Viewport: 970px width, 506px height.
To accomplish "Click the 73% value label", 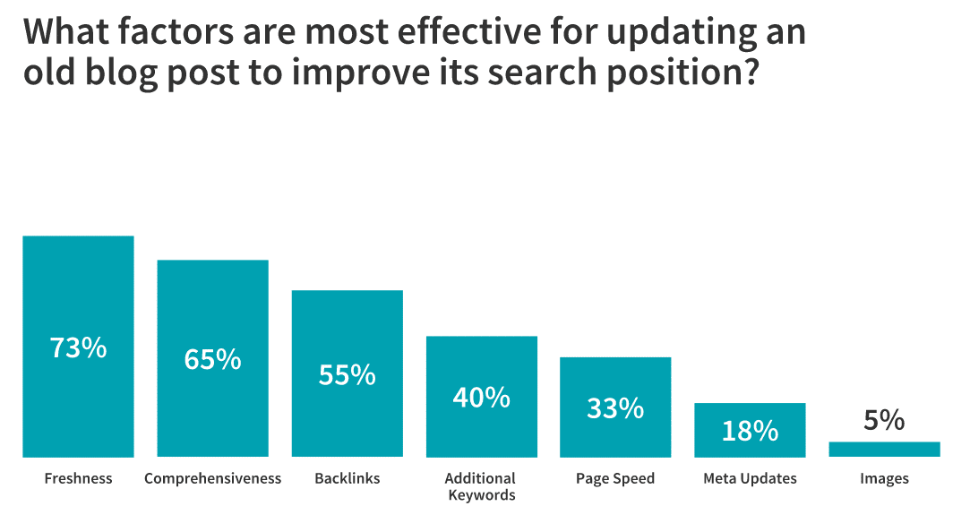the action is coord(78,347).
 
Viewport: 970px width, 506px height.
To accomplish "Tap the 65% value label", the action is coord(212,359).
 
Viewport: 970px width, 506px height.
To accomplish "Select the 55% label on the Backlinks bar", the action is coord(347,375).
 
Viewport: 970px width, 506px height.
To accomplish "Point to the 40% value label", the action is coord(481,397).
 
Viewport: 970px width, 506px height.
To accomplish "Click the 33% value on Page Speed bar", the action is coord(615,408).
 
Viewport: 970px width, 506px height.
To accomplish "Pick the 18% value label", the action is coord(750,431).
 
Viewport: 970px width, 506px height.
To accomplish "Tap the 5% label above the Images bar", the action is coord(884,421).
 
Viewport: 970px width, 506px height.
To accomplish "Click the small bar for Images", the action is coord(884,450).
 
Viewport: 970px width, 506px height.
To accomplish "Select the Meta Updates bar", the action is coord(750,431).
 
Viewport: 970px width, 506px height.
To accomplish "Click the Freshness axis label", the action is coord(79,478).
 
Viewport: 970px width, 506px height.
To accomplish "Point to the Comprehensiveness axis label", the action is coord(213,479).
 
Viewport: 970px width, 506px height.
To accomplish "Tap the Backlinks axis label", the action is coord(347,478).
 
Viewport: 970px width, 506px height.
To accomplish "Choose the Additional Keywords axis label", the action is coord(481,486).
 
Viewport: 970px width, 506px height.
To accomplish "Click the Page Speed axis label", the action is coord(615,479).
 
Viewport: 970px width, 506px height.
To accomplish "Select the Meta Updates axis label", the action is coord(750,479).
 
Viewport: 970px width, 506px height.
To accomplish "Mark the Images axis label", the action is coord(884,479).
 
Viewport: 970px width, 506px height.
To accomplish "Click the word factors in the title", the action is coord(176,31).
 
